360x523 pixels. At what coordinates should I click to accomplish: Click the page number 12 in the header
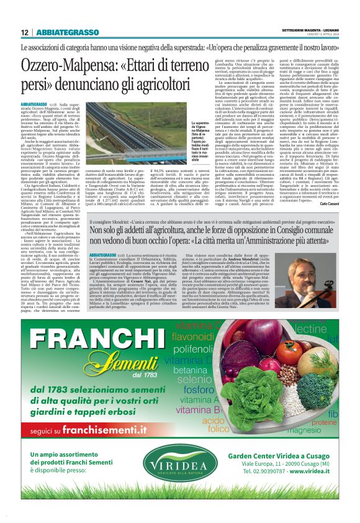pyautogui.click(x=25, y=32)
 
